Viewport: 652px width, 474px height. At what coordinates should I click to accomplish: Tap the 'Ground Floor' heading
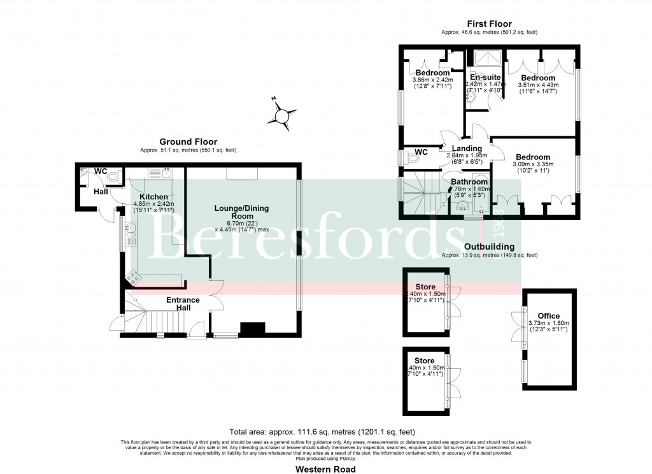coord(188,142)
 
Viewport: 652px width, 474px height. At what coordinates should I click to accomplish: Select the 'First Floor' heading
coord(489,23)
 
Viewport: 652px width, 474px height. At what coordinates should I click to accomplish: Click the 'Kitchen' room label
coord(153,197)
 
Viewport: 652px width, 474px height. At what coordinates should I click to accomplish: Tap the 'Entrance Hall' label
coord(183,304)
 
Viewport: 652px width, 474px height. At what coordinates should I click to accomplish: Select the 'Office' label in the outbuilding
coord(548,315)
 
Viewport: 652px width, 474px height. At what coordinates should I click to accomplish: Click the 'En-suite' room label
coord(485,76)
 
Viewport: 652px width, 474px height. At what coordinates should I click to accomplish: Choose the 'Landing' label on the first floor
coord(466,148)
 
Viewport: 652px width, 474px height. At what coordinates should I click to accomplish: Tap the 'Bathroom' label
coord(469,182)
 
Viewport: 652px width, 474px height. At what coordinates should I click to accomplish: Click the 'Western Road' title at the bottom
coord(325,468)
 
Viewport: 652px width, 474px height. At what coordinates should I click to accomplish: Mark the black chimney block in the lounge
coord(252,329)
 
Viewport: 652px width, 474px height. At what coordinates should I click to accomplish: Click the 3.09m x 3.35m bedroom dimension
coord(534,164)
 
